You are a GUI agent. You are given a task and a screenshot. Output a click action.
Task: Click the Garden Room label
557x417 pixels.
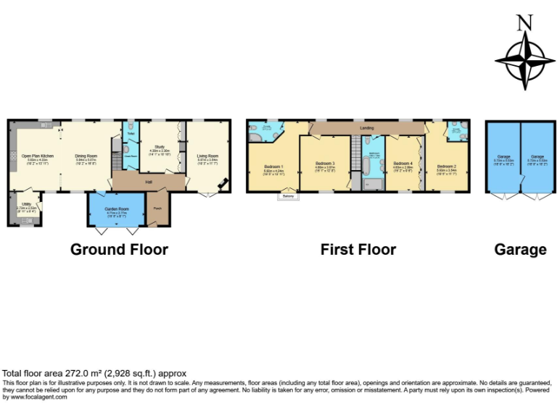tap(107, 208)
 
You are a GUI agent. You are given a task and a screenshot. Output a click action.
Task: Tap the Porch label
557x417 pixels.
tap(157, 209)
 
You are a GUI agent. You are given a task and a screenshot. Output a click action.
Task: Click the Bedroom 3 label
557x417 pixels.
tap(324, 164)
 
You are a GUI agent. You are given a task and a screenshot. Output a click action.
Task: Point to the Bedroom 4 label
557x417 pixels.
tap(403, 164)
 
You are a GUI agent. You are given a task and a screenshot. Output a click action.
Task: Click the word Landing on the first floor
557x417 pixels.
tap(367, 128)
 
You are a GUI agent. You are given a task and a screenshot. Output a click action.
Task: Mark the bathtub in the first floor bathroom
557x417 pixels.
tap(368, 168)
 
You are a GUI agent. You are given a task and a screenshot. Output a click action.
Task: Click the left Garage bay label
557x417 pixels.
tap(502, 156)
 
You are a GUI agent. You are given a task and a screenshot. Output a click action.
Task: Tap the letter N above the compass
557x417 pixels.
tap(521, 23)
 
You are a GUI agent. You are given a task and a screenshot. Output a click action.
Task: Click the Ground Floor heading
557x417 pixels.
tap(119, 250)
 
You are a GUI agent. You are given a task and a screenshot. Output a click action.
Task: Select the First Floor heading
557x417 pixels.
tap(358, 250)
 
